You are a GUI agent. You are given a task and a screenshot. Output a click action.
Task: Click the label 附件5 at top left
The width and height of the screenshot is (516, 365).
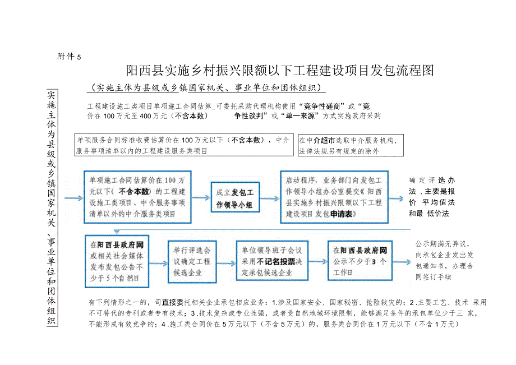(70, 57)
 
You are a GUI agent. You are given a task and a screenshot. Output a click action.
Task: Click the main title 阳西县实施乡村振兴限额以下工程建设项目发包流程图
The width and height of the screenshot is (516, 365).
(280, 71)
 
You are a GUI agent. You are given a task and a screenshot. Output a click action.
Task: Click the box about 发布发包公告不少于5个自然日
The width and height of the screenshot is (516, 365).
(117, 261)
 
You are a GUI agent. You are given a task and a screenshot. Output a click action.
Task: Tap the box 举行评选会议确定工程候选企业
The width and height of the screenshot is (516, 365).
(192, 261)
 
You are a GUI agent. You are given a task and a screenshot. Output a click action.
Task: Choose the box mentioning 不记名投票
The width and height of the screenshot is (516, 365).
(271, 261)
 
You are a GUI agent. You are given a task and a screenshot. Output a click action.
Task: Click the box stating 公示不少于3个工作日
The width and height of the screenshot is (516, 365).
(360, 261)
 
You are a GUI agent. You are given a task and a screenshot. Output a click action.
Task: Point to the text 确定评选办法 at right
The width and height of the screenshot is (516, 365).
(432, 197)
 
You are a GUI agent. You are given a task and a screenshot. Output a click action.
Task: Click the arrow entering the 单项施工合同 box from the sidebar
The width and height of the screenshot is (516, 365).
(73, 198)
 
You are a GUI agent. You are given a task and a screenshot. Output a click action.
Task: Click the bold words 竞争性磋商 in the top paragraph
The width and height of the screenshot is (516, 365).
(321, 105)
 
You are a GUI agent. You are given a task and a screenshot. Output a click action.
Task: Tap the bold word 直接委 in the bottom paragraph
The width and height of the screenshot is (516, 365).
(173, 302)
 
